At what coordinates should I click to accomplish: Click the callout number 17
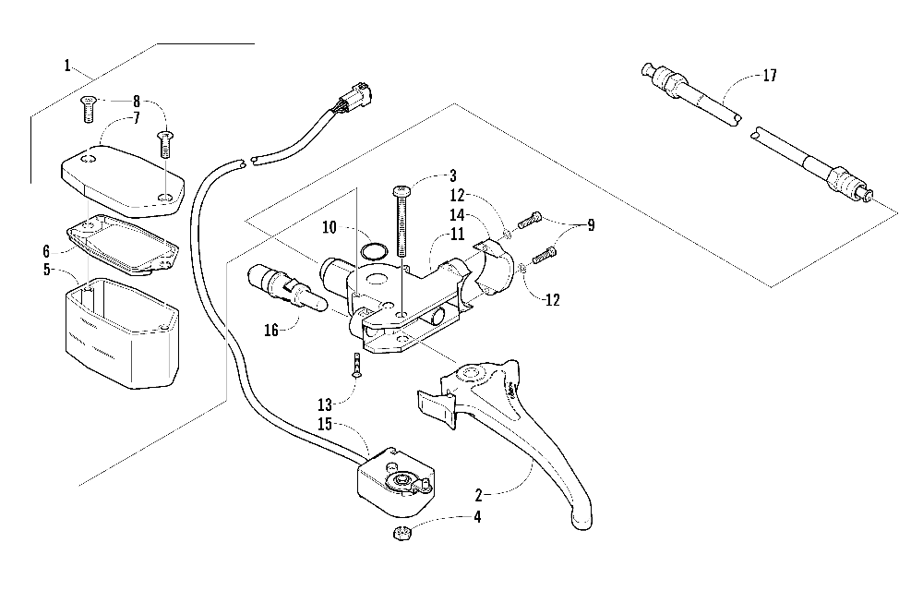coord(770,76)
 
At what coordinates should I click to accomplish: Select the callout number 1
coord(67,66)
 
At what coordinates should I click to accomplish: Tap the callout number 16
coord(270,331)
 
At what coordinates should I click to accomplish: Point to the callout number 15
coord(325,424)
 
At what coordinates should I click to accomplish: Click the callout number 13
coord(325,405)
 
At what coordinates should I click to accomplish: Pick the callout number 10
coord(330,227)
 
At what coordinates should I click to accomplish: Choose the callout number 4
coord(477,517)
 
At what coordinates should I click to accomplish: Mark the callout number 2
coord(478,495)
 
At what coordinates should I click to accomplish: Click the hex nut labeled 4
coord(402,534)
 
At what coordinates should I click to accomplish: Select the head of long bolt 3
coord(402,190)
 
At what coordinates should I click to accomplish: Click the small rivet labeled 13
coord(356,366)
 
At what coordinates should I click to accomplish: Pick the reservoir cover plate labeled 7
coord(123,176)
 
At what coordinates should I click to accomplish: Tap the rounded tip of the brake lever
coord(581,521)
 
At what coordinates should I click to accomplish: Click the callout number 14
coord(457,215)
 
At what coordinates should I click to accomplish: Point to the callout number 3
coord(452,175)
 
